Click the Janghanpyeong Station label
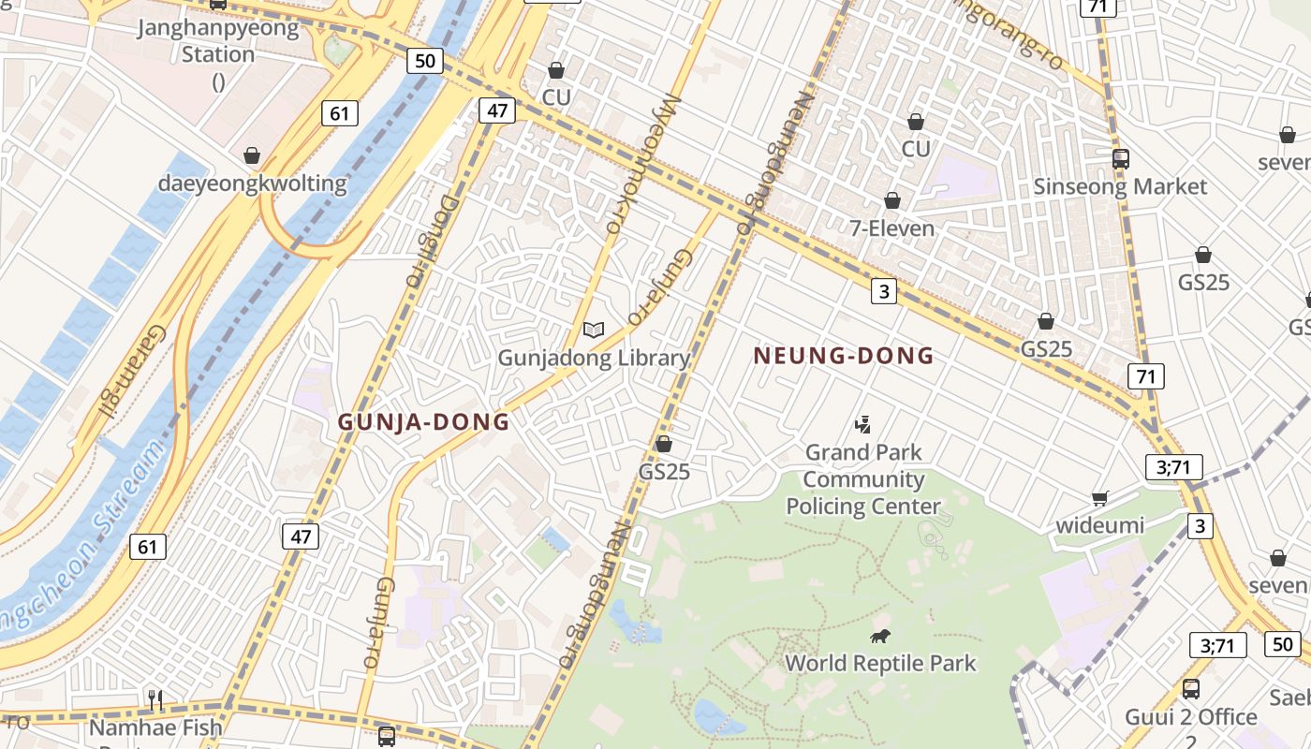pos(218,40)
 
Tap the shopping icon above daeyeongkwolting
pos(251,155)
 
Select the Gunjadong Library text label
pos(594,358)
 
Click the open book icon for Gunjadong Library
pos(594,330)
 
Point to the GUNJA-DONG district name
pos(423,421)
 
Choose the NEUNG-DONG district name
pos(844,356)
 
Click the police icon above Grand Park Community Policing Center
pos(862,425)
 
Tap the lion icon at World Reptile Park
pos(879,638)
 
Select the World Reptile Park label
pos(880,664)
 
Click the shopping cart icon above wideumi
pos(1100,498)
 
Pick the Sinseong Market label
pos(1120,186)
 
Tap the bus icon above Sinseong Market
pos(1120,158)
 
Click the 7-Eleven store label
pos(891,228)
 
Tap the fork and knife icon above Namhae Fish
pos(155,698)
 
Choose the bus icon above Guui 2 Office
pos(1190,689)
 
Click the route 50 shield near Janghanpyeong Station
pos(424,61)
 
